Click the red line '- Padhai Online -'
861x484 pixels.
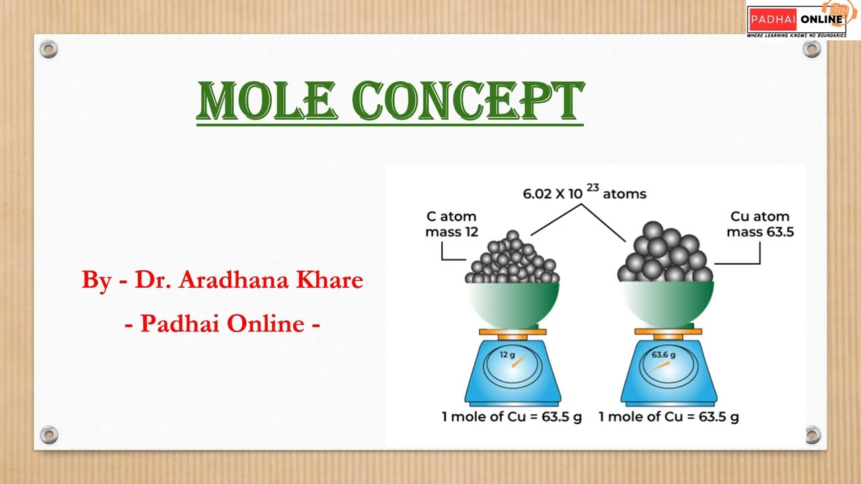pos(222,324)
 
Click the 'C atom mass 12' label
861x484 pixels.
pos(451,225)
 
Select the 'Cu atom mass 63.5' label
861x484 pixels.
pos(760,225)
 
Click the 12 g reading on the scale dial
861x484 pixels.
pos(507,354)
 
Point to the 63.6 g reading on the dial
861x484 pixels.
pos(663,354)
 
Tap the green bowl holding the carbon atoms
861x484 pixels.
pos(513,302)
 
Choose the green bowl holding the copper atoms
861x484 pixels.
pos(667,302)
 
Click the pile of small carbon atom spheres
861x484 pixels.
pos(513,261)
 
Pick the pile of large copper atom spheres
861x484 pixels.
pos(665,254)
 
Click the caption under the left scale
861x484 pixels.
pos(511,417)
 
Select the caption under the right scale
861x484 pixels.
pos(669,417)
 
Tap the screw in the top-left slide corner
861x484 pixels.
pos(48,48)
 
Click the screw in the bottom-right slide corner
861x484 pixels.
pos(812,434)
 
